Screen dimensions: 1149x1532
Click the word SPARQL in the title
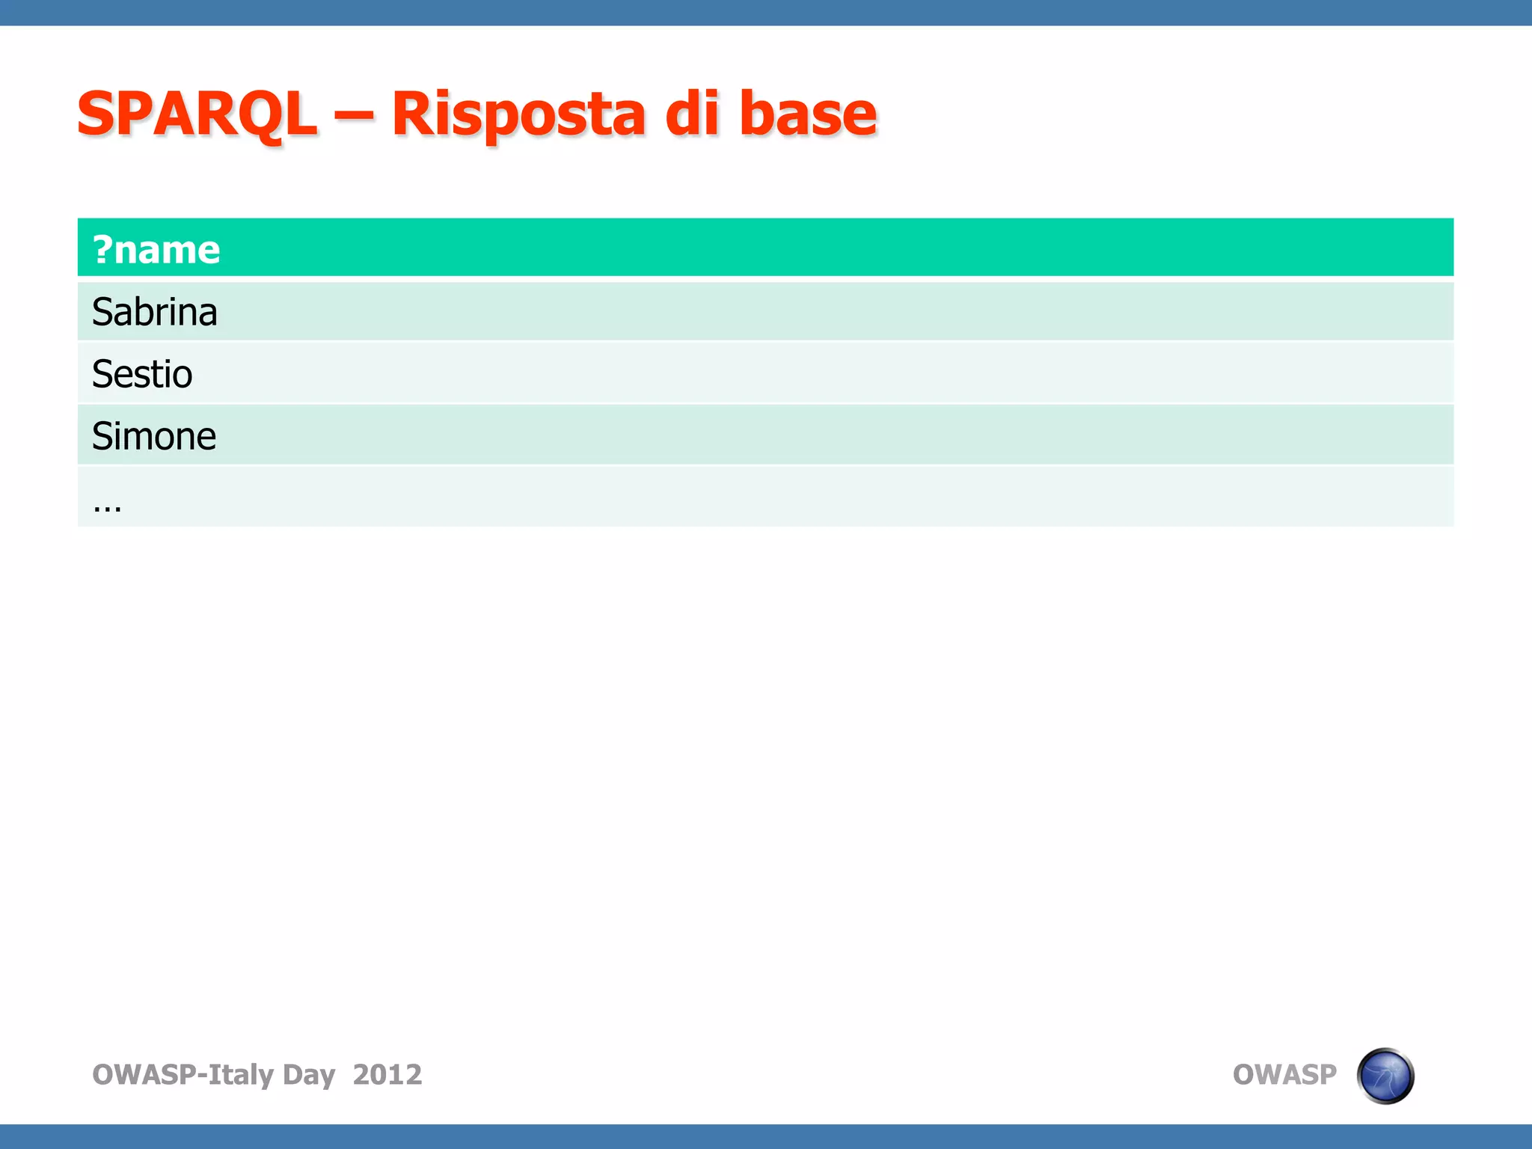197,114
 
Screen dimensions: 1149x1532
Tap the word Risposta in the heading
518,114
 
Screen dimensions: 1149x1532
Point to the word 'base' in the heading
808,114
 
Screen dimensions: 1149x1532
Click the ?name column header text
156,250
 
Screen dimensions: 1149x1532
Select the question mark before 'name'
102,250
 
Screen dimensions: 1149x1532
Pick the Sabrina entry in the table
154,312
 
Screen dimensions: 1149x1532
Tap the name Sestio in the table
142,374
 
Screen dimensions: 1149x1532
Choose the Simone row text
154,436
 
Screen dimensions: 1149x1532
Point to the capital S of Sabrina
102,312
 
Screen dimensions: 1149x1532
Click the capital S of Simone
102,436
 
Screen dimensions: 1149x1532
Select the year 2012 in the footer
387,1075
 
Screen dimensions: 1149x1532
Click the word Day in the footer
309,1075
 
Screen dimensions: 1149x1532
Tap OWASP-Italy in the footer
183,1075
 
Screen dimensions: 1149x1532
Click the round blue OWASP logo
1385,1076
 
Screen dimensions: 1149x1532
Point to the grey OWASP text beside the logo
1284,1075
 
